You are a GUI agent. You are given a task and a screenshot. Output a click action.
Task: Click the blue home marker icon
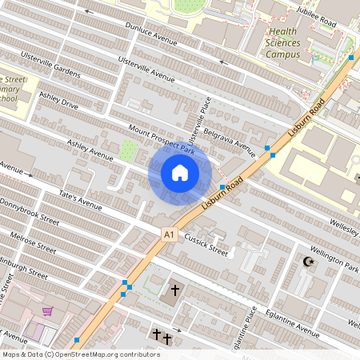[180, 173]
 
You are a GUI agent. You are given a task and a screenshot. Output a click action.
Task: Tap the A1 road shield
[168, 234]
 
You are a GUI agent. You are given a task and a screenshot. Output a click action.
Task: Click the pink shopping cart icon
[49, 312]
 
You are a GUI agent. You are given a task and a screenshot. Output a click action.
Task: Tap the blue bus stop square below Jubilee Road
[351, 58]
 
